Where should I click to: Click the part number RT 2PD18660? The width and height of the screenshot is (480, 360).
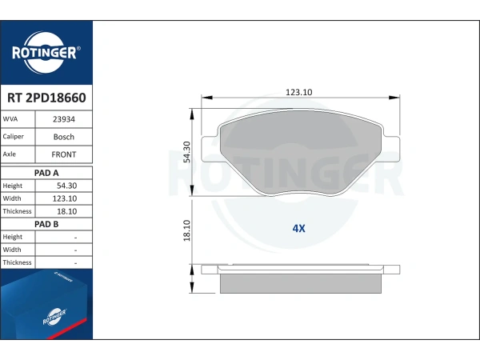(x=46, y=98)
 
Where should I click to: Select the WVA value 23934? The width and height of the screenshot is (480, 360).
(x=64, y=119)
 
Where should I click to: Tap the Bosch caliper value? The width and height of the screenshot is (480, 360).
(x=64, y=137)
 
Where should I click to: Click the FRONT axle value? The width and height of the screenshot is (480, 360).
(x=64, y=154)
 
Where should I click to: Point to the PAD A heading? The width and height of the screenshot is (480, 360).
(x=46, y=173)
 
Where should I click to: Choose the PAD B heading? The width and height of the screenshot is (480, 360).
(x=46, y=224)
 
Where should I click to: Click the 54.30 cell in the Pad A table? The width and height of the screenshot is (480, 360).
(x=66, y=186)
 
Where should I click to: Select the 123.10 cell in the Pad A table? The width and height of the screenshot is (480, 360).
(x=65, y=198)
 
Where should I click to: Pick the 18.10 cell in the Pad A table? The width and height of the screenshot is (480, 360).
(x=66, y=211)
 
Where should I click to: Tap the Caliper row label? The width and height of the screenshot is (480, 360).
(x=13, y=137)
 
